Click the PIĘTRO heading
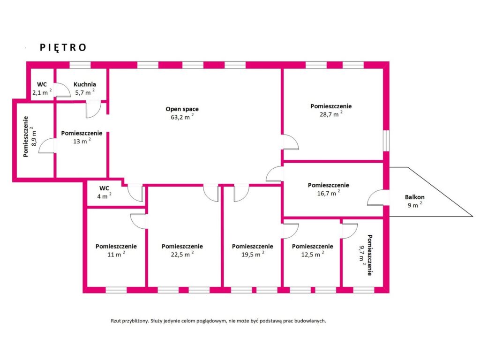(63, 47)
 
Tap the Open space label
(182, 109)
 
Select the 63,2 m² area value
(182, 118)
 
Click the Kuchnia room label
(84, 84)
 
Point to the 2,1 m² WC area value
(42, 92)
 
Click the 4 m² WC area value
(104, 196)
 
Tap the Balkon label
(414, 197)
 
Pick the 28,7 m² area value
(331, 114)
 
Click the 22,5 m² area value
(182, 255)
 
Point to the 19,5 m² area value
(252, 255)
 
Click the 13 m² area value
(82, 142)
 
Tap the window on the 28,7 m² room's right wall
(386, 140)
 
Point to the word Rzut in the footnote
(116, 321)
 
